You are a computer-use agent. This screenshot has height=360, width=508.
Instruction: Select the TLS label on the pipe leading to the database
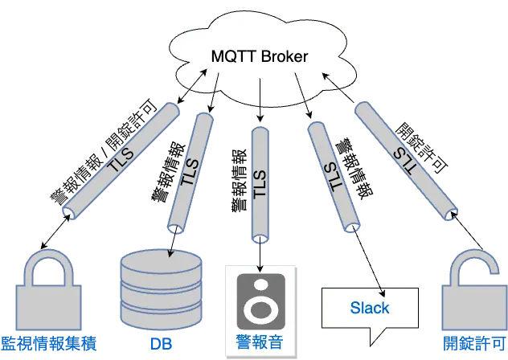[x=190, y=173]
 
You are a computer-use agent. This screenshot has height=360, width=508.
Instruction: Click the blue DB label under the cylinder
[x=162, y=344]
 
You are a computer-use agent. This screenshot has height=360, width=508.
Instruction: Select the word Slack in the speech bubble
[x=370, y=308]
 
